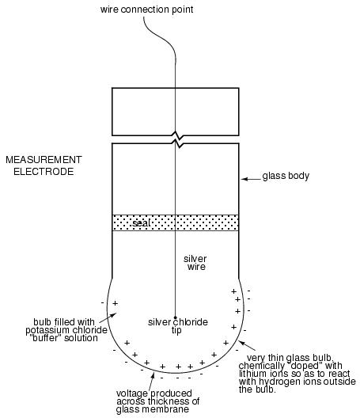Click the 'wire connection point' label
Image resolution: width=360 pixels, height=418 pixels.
click(146, 9)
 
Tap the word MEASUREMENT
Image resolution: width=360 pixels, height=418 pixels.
click(44, 160)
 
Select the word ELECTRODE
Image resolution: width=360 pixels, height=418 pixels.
click(44, 172)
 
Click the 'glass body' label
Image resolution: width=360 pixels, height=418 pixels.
click(286, 176)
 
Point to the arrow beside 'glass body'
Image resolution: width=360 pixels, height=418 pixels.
click(251, 179)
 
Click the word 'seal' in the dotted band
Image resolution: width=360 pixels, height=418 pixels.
click(141, 223)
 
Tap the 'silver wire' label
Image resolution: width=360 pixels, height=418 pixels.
click(195, 263)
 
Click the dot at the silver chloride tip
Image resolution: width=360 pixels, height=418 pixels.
click(176, 317)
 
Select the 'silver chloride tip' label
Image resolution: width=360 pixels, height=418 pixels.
click(178, 325)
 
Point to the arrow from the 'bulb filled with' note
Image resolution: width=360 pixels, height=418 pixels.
click(108, 317)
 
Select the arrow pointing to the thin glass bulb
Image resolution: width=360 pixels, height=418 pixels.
click(247, 345)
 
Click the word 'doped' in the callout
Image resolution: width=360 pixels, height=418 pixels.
click(304, 366)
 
